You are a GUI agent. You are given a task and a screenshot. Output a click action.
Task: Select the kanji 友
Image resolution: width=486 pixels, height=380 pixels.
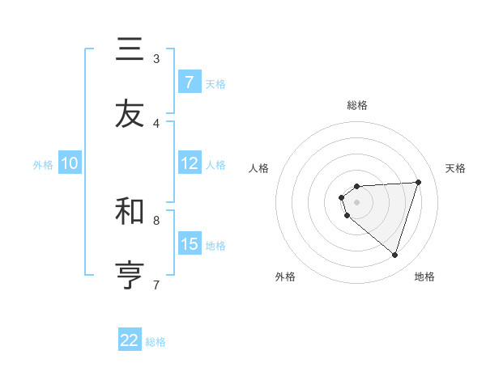tap(130, 114)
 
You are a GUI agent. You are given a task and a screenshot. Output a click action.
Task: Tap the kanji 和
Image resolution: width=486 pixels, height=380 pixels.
tap(130, 211)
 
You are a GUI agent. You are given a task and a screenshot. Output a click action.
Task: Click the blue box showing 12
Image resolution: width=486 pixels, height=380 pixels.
tap(190, 163)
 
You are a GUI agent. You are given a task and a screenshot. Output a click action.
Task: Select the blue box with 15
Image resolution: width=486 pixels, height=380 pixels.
tap(190, 244)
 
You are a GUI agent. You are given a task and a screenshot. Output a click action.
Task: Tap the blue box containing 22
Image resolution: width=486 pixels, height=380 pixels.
tap(130, 340)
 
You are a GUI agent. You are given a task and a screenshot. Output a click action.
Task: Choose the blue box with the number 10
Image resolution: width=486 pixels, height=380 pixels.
tap(70, 163)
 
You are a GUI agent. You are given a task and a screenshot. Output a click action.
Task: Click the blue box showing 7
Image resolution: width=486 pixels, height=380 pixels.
tap(190, 82)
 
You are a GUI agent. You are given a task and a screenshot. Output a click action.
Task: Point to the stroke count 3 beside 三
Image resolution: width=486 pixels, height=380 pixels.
tap(156, 59)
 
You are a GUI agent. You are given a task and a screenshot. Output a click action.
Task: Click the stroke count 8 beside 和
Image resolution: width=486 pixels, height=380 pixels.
tap(156, 220)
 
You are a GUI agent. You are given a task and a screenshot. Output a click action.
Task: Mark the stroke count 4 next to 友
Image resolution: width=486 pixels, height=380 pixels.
tap(156, 123)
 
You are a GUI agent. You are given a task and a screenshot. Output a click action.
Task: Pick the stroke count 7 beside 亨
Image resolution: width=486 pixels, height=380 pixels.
tap(156, 285)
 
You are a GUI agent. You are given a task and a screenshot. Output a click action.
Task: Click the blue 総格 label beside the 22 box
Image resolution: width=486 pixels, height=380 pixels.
tap(156, 342)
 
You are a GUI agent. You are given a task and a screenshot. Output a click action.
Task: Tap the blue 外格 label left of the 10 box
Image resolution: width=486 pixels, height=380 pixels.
tap(43, 164)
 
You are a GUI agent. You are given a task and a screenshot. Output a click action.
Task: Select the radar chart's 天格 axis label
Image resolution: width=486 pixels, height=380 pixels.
tap(456, 168)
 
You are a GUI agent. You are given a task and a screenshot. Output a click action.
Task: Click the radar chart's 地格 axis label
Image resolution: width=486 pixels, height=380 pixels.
tap(424, 277)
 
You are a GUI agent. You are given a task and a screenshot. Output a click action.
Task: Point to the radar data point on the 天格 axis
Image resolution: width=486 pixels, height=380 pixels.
tap(419, 182)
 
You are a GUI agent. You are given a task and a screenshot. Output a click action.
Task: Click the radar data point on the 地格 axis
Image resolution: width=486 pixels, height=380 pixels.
tap(394, 255)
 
